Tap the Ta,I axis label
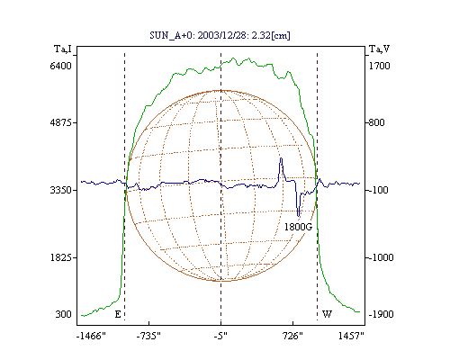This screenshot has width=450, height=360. [63, 49]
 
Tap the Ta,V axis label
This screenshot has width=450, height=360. [379, 49]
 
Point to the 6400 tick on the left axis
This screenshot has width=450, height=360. [60, 66]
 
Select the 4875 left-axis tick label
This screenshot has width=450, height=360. [60, 122]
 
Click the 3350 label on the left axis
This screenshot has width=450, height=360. [60, 190]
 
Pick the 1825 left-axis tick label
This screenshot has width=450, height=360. [60, 257]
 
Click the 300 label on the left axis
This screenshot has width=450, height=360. [63, 314]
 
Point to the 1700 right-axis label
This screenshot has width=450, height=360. [379, 66]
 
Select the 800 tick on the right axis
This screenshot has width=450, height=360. [376, 122]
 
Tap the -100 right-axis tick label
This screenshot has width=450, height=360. [378, 190]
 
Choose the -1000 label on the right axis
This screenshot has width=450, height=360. [381, 257]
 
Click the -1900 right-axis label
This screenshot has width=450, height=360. [381, 314]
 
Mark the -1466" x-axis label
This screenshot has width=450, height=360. [91, 336]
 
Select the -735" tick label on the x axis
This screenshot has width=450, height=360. [148, 336]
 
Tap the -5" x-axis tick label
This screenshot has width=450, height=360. [220, 336]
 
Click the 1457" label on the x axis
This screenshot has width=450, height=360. [351, 336]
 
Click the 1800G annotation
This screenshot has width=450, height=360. [298, 227]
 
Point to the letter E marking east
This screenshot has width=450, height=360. [118, 314]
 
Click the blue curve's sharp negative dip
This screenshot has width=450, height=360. [298, 215]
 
